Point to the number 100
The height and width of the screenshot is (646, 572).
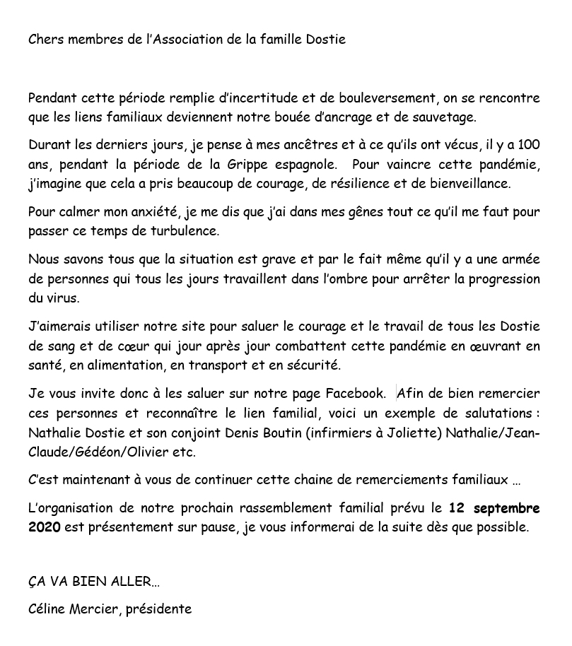529,146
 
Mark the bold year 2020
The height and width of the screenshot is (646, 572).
44,527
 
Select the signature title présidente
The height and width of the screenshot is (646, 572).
158,609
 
